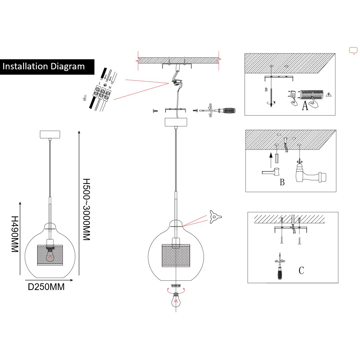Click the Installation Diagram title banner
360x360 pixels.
(47, 66)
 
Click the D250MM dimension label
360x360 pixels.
(46, 287)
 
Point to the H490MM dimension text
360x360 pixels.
(15, 234)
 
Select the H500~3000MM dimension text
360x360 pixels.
(87, 209)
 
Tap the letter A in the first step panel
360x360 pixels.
(305, 106)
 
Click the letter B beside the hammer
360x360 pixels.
(282, 183)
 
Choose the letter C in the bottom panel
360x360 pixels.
(301, 270)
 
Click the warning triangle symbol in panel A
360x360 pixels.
(329, 94)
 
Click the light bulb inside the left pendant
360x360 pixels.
(50, 254)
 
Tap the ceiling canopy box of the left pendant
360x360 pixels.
(50, 134)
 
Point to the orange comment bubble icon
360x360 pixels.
(353, 51)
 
